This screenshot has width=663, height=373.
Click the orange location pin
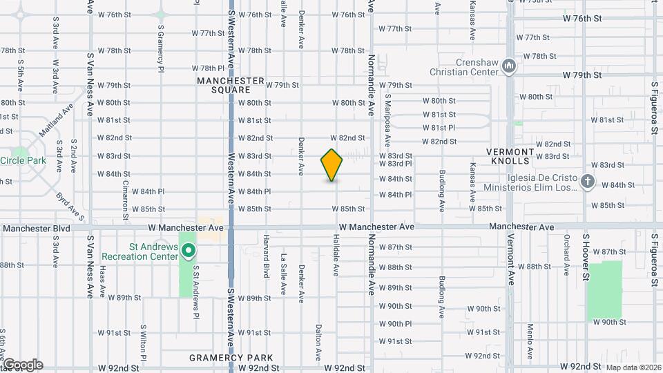pos(332,165)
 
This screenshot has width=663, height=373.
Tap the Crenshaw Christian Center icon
pos(510,66)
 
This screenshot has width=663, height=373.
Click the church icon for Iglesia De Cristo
pos(587,182)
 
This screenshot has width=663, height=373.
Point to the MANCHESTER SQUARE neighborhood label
pos(230,85)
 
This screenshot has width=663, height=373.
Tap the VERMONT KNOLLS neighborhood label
pos(510,156)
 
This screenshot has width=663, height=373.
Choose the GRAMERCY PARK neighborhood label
pos(231,358)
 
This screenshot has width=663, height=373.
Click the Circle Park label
pos(23,160)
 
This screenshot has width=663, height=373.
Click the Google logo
pos(22,364)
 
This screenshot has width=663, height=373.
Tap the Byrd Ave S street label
pos(71,207)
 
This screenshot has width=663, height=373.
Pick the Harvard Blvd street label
pos(265,255)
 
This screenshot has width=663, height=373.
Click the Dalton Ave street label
pos(319,343)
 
